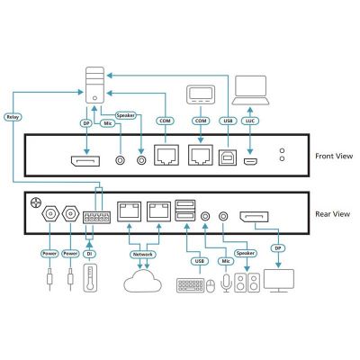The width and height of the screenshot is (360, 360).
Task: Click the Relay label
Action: click(x=13, y=117)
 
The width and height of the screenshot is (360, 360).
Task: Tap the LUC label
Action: click(x=250, y=121)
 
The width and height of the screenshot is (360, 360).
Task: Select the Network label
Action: click(x=143, y=255)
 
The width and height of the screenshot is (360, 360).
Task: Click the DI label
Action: click(x=89, y=254)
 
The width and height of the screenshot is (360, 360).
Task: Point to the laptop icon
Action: click(x=251, y=90)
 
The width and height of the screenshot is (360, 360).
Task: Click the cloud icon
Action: click(x=143, y=281)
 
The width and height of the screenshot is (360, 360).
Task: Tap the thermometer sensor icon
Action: click(x=89, y=277)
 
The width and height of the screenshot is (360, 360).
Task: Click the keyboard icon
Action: click(x=191, y=285)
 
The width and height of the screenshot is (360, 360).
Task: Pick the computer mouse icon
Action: click(x=211, y=286)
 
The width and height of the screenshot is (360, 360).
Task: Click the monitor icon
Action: click(x=279, y=281)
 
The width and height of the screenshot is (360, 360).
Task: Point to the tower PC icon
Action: click(x=94, y=85)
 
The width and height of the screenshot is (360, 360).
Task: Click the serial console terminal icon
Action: click(x=201, y=94)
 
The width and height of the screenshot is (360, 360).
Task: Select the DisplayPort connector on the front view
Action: click(x=85, y=161)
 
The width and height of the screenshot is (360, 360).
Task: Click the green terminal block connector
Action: click(x=96, y=218)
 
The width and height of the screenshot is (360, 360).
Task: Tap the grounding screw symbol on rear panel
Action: click(x=35, y=203)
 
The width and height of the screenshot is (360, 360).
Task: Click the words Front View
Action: click(x=334, y=156)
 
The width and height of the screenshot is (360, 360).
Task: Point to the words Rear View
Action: click(x=332, y=214)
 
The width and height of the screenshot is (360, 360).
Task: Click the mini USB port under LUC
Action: click(x=250, y=162)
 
